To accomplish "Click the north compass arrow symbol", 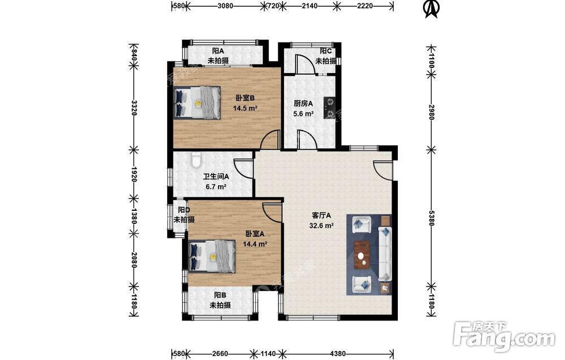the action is point(432,8).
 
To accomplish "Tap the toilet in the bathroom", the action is point(196,159).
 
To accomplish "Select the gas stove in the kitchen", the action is point(329,108).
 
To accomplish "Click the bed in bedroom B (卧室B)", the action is point(197,102).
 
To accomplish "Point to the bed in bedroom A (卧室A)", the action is point(212,256).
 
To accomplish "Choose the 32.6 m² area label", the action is point(321,226).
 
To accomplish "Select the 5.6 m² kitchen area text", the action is point(303,114).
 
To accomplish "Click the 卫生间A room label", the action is point(216,176).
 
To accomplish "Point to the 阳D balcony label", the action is point(184,210).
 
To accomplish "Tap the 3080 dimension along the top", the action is point(225,6).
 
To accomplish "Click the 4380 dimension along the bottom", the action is point(338,354).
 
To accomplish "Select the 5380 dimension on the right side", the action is point(431,218).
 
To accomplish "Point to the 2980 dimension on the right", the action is point(431,112).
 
